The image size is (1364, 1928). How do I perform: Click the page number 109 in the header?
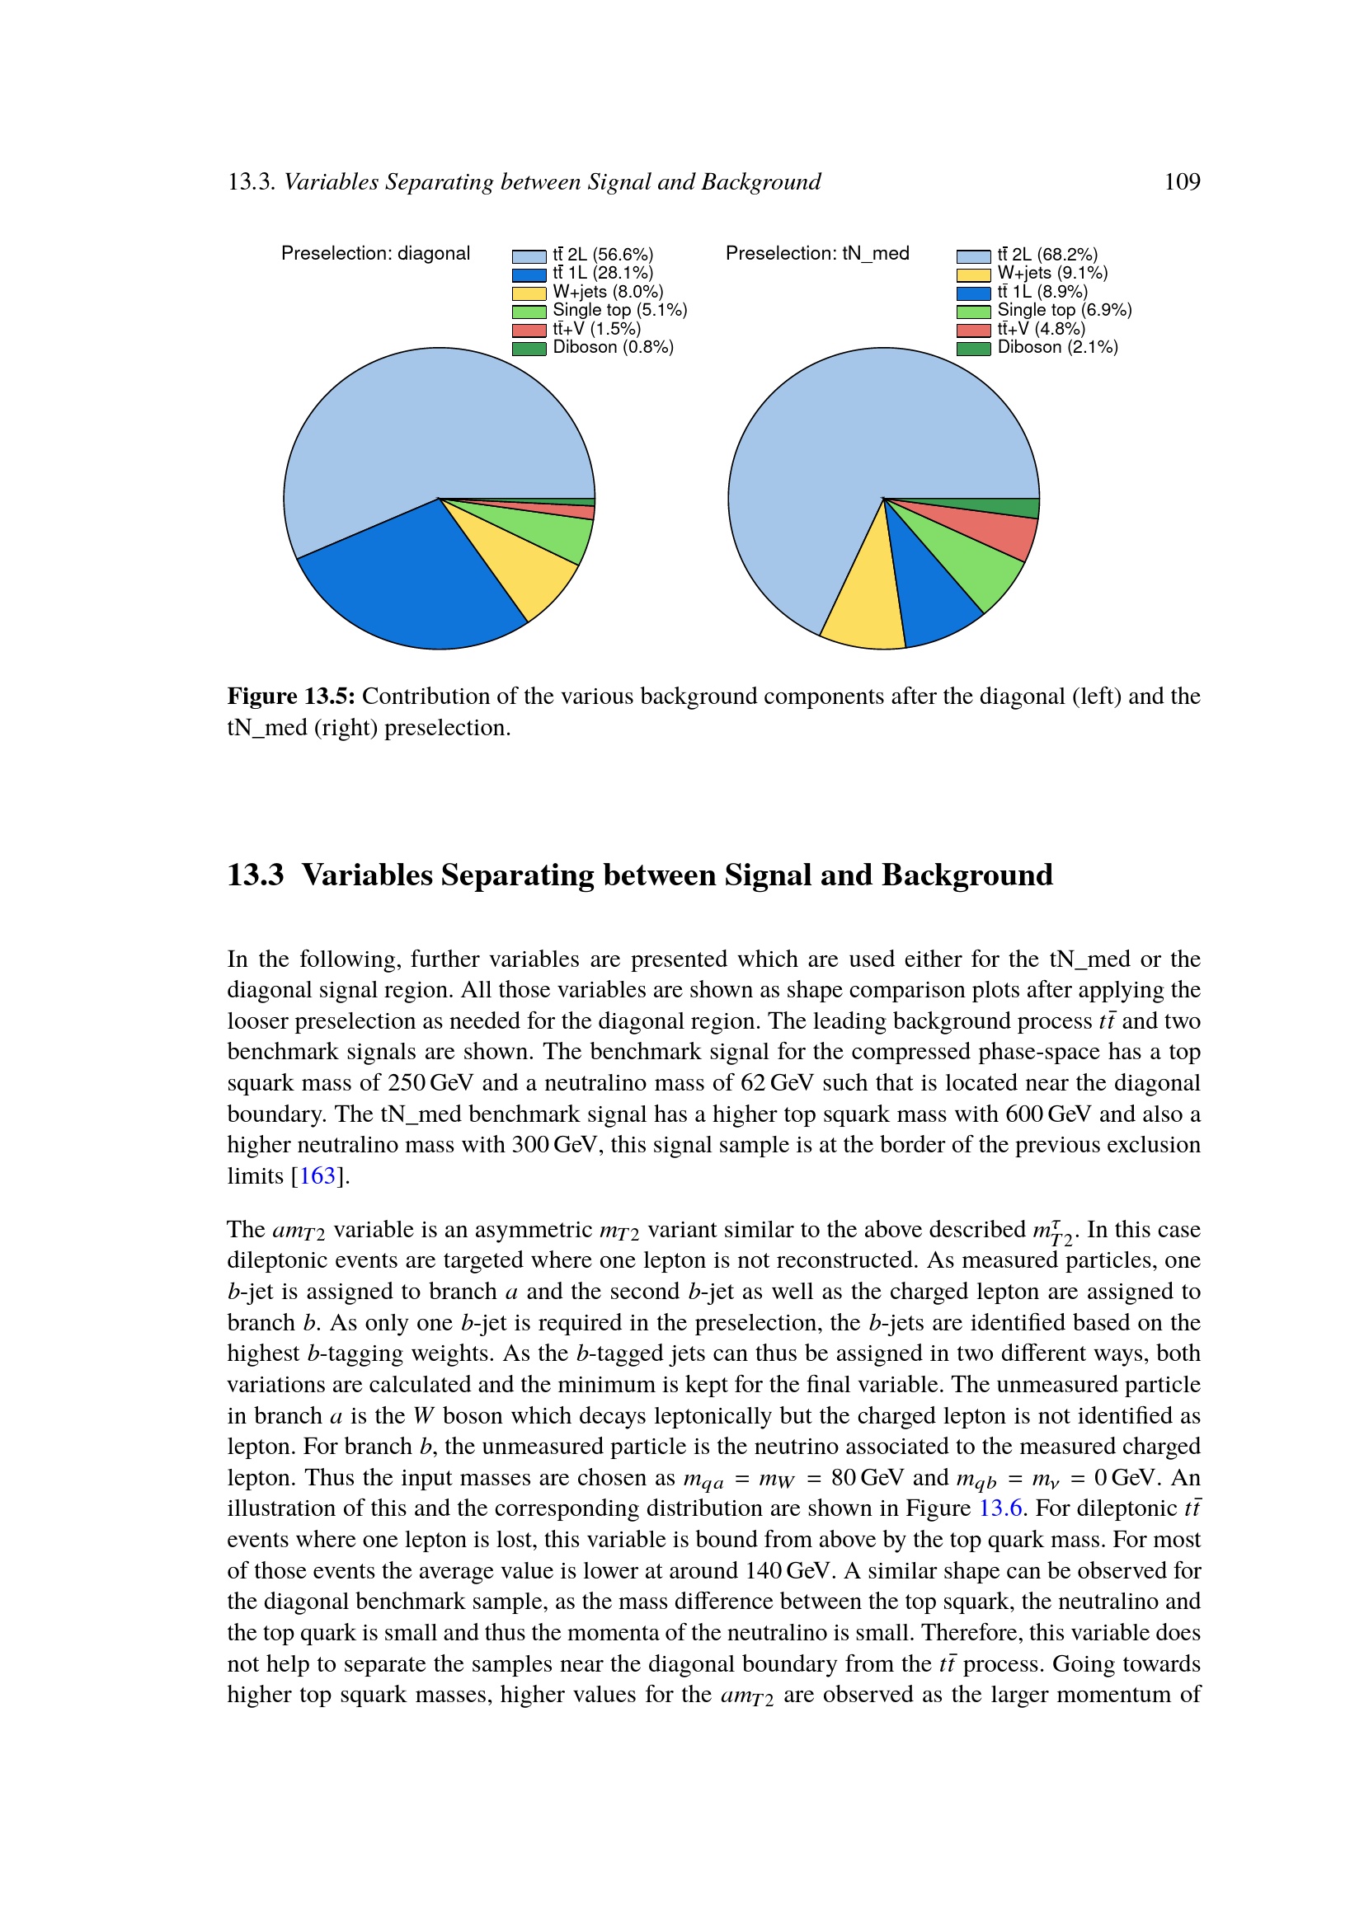click(1181, 182)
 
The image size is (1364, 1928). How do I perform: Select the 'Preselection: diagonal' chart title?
click(375, 254)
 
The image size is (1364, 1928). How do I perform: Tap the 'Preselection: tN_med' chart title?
click(817, 254)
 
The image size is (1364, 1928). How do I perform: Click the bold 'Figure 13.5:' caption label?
click(290, 697)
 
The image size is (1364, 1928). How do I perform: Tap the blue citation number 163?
click(317, 1175)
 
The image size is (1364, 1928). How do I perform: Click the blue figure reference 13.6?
click(1000, 1508)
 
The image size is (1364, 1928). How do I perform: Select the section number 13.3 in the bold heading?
click(256, 875)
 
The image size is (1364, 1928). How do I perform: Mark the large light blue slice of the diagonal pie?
click(420, 420)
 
